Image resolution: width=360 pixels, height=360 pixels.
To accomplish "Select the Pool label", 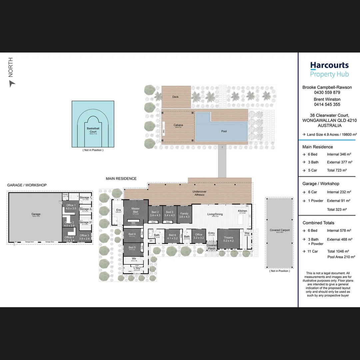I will [x=224, y=131].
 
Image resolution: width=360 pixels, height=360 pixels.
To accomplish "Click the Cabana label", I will [x=178, y=125].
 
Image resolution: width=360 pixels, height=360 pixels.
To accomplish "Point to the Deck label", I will [x=176, y=97].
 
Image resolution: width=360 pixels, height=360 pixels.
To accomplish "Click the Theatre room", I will [x=229, y=239].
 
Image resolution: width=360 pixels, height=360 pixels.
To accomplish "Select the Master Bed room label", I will [x=135, y=210].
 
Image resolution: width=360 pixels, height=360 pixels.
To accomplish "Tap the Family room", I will [x=184, y=215].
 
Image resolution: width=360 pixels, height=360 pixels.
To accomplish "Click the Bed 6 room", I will [x=172, y=237].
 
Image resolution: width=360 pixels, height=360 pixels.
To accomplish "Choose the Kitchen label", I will [x=242, y=211].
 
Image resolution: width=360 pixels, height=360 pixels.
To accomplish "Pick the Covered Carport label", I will [x=280, y=230].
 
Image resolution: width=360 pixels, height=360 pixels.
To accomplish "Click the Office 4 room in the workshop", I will [x=69, y=239].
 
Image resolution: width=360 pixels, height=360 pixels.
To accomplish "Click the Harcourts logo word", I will [x=329, y=65].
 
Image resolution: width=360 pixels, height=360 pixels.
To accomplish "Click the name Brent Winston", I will [x=327, y=99].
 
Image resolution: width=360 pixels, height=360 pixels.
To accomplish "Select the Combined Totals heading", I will [x=318, y=223].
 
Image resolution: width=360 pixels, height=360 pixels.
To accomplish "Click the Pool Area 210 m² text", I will [x=341, y=257].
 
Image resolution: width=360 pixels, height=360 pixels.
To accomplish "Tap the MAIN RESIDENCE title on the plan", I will [x=121, y=179].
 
